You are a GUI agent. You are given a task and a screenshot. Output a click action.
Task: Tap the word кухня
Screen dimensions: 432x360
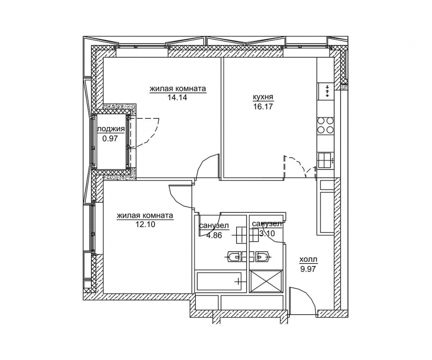263,97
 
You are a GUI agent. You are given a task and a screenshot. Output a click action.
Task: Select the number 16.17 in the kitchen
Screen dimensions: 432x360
263,106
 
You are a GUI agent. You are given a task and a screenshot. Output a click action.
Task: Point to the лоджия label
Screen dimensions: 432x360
111,129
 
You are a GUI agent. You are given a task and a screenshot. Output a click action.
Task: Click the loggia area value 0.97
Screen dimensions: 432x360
110,138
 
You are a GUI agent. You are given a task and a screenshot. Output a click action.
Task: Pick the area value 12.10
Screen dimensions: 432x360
146,224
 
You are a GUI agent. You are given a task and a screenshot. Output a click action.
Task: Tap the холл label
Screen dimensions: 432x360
308,259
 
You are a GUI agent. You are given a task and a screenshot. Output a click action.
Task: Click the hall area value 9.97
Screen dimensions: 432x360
307,268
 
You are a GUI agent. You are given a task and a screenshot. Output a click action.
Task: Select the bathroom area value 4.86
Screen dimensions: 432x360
214,235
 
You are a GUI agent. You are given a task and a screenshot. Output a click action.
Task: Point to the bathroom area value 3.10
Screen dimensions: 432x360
267,233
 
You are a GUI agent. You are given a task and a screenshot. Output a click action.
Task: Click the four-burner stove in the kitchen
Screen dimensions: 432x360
325,125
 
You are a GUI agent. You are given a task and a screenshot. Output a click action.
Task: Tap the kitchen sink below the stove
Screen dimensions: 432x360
326,160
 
